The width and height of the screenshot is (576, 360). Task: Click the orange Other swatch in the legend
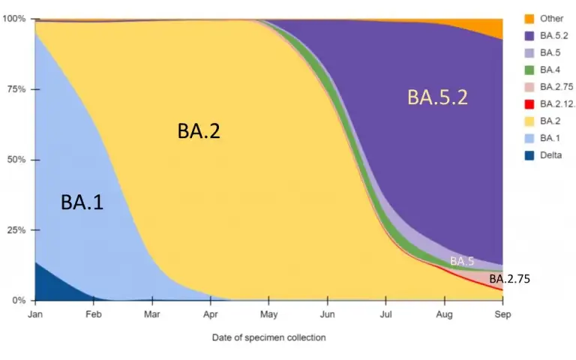click(x=529, y=19)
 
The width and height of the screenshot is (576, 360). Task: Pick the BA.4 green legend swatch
click(x=529, y=70)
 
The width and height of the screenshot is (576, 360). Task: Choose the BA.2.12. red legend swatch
click(x=529, y=104)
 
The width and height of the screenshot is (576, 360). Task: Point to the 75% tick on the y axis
click(x=16, y=88)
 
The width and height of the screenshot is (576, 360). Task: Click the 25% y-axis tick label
click(x=16, y=230)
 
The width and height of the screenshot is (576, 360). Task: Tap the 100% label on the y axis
click(x=14, y=18)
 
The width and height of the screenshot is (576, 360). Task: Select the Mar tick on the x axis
click(x=152, y=315)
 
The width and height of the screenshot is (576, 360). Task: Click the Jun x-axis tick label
click(x=327, y=315)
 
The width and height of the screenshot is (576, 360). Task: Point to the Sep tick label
click(x=502, y=315)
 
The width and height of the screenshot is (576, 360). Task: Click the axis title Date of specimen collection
click(x=268, y=337)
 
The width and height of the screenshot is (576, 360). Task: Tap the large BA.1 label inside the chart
click(x=82, y=202)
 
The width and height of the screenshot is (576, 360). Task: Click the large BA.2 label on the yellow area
click(x=199, y=130)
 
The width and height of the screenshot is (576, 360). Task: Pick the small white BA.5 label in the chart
click(x=462, y=261)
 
